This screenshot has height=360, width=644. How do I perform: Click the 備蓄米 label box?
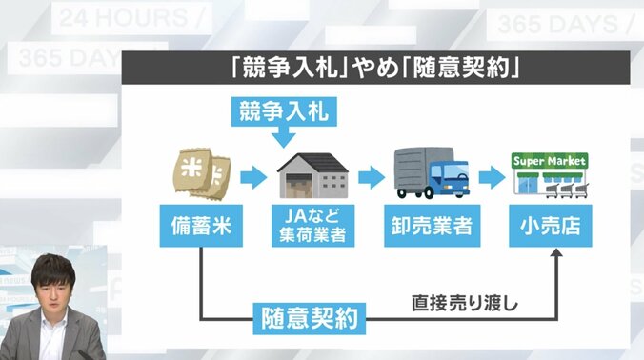pyautogui.click(x=200, y=227)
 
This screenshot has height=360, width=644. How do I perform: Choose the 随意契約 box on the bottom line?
pyautogui.click(x=310, y=317)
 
